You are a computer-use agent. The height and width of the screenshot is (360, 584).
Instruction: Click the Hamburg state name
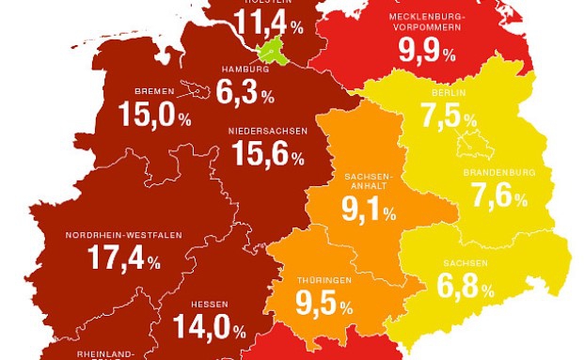click(245, 70)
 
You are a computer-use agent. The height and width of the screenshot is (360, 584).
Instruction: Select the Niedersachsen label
click(267, 132)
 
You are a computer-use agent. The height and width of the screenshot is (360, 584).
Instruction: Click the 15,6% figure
click(267, 158)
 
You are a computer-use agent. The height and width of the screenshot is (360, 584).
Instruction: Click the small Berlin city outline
click(467, 146)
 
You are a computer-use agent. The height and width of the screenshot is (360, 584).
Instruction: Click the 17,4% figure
click(122, 258)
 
